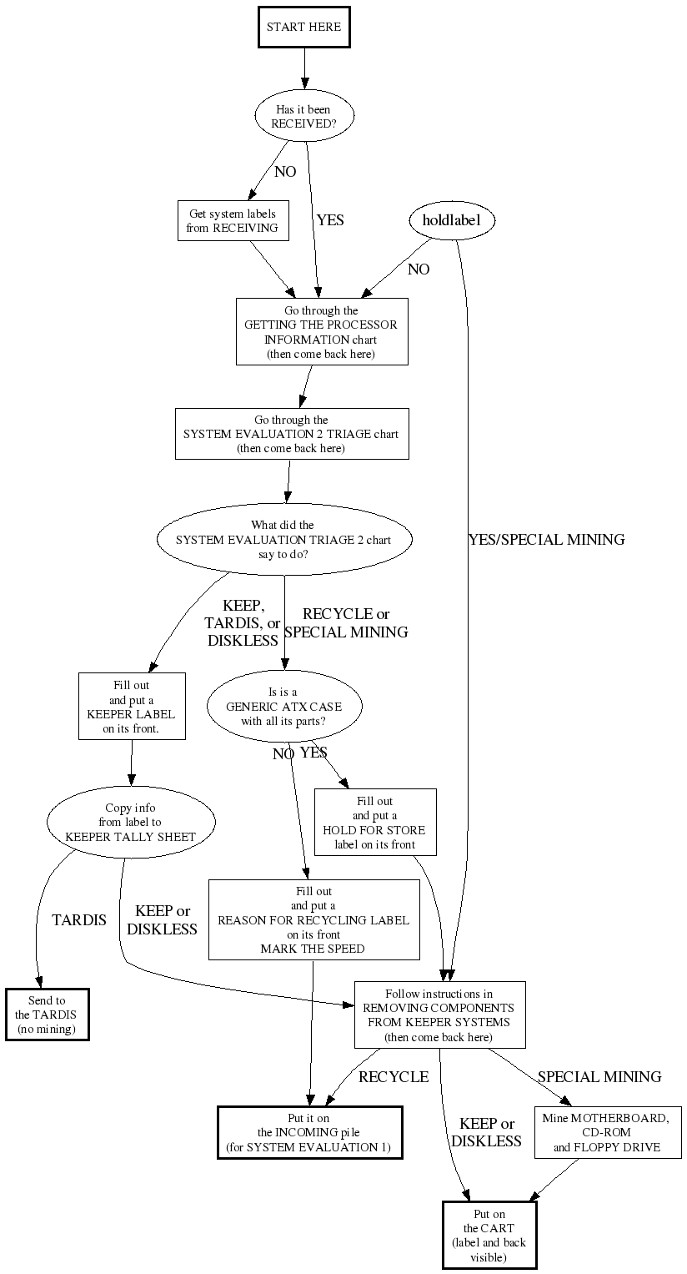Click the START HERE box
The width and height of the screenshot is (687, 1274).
(303, 27)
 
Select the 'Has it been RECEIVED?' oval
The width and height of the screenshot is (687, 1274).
(304, 116)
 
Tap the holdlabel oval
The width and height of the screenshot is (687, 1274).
(452, 220)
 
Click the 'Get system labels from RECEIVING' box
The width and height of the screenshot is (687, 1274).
(233, 221)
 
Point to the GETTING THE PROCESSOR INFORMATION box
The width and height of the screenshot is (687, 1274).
(321, 332)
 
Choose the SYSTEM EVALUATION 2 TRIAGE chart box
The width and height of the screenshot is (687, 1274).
(291, 434)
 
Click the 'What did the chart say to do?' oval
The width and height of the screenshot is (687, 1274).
(283, 539)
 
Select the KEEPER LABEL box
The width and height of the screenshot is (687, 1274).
(132, 707)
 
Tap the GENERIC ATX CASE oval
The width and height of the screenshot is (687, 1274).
(283, 706)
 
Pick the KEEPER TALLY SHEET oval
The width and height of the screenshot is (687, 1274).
(131, 822)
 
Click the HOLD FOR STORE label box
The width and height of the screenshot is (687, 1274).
(374, 823)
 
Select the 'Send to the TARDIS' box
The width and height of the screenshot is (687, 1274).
(47, 1015)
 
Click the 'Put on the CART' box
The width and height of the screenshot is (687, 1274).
(489, 1235)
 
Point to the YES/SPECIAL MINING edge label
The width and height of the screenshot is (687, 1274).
(546, 540)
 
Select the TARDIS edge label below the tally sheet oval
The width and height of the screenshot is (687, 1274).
(79, 920)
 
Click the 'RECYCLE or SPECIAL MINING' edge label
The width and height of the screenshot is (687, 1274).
(346, 623)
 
